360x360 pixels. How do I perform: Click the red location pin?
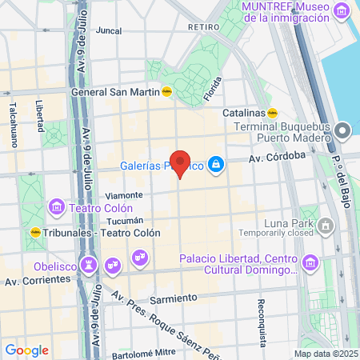(x=181, y=163)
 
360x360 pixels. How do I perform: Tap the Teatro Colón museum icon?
(x=57, y=207)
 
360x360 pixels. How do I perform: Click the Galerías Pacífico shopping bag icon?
(x=215, y=166)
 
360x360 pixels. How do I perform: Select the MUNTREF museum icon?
(x=342, y=11)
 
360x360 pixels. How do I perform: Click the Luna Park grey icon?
(x=326, y=226)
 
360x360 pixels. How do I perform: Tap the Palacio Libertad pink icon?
(x=309, y=263)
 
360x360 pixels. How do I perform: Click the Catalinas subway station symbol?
(x=272, y=113)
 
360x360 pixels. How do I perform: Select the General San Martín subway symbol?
(x=167, y=91)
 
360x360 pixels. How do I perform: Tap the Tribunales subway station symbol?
(x=35, y=232)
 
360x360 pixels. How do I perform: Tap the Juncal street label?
(x=108, y=31)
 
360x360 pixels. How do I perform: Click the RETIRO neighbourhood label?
(x=203, y=26)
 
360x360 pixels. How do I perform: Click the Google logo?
(x=26, y=350)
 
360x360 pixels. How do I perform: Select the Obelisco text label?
(x=55, y=266)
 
